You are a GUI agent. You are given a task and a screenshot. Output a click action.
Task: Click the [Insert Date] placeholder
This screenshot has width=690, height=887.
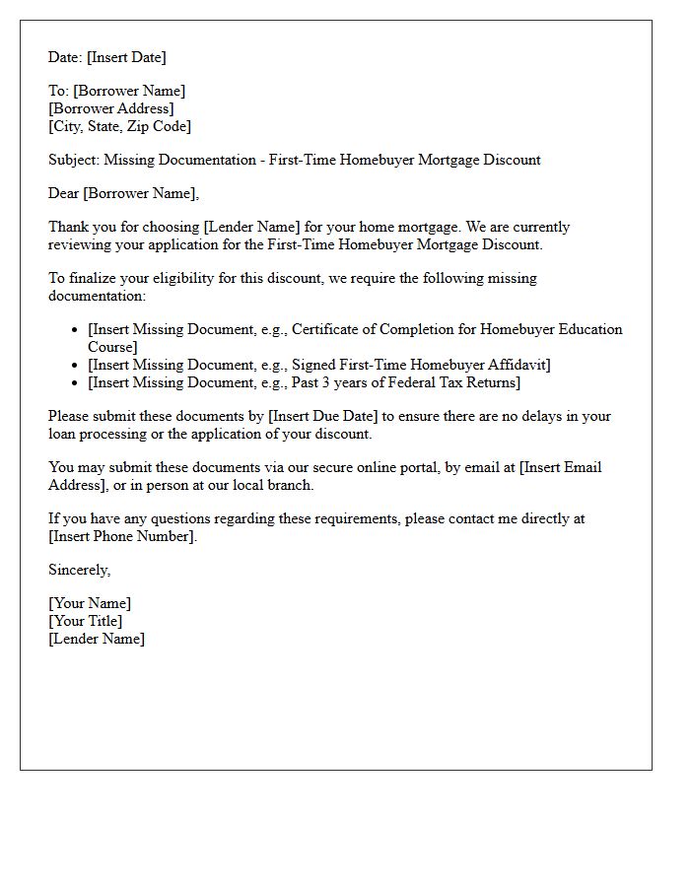(x=126, y=57)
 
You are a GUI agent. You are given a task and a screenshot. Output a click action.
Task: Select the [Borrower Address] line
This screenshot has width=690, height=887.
(x=110, y=108)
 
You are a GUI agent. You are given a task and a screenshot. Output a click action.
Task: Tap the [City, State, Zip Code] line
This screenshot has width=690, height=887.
(x=119, y=126)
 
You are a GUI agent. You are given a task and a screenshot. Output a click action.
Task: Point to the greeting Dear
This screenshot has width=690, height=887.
(x=64, y=193)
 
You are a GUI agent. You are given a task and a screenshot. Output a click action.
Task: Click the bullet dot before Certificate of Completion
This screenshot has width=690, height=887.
(x=75, y=330)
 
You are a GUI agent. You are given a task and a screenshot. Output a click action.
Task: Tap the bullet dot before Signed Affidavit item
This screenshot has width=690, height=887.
(x=75, y=366)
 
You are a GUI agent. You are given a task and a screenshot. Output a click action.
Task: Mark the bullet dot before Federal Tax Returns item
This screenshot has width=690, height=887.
(x=75, y=383)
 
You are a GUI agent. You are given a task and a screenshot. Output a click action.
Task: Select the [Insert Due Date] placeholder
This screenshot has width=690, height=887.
(x=323, y=416)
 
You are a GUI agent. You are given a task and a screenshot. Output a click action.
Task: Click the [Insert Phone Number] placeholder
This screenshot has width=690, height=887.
(x=122, y=536)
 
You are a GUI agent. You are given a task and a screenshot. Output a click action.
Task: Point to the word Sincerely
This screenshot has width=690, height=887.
(x=79, y=570)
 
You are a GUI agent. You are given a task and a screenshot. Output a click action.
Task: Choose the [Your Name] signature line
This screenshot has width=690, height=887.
(x=90, y=603)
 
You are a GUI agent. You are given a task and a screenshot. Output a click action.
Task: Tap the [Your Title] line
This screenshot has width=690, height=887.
(x=86, y=621)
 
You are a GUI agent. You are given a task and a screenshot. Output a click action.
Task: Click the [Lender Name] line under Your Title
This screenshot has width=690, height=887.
(x=97, y=639)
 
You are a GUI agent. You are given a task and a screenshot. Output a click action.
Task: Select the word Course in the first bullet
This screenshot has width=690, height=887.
(x=112, y=347)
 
